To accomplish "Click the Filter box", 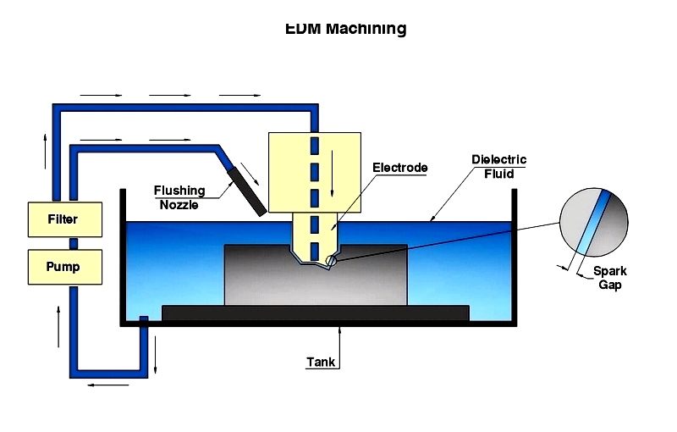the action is pos(65,219).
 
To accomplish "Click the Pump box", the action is pos(65,267).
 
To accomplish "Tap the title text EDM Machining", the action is pos(346,29).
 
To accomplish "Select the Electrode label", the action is pos(400,168).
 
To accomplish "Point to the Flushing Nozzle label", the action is pos(179,197).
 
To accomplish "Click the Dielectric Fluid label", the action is pos(498,167).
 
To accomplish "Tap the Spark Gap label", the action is pos(609,278).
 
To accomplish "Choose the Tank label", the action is pos(321,362).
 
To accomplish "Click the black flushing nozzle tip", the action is pos(247,191).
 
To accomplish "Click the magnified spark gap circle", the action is pos(594,222).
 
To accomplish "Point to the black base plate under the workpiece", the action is pos(316,313).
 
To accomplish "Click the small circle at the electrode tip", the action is pos(331,261).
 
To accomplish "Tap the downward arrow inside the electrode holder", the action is pos(332,174).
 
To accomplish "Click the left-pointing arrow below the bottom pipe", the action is pos(108,385).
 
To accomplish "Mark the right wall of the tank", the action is pos(515,257).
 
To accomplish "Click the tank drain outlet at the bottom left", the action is pos(144,320).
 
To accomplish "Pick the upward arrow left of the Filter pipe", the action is pos(45,151).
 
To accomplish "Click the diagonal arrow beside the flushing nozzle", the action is pos(250,174).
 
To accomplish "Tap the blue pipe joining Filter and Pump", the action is pos(74,243).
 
